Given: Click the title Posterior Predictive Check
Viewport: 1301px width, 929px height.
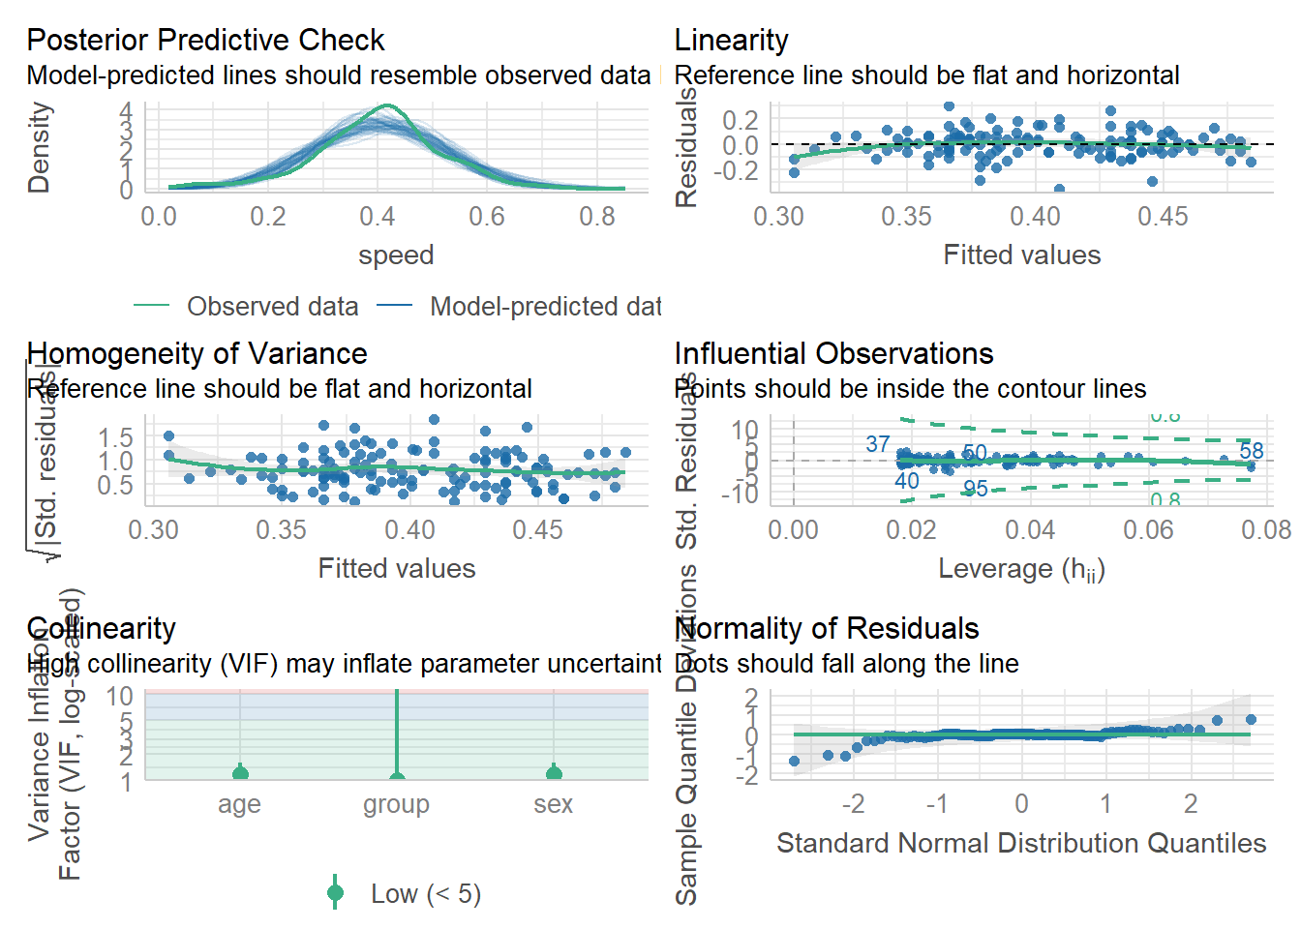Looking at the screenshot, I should [x=205, y=40].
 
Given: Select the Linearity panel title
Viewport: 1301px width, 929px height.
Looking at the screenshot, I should [x=731, y=40].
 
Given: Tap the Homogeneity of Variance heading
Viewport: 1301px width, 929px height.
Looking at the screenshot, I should [x=197, y=353].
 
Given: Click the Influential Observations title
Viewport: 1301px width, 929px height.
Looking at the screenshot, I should [x=833, y=353].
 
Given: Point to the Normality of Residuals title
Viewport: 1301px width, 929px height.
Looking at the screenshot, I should [x=827, y=628].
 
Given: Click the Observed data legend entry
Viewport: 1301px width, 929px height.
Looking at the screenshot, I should [x=272, y=307].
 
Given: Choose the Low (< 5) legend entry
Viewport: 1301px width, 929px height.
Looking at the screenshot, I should [x=425, y=893].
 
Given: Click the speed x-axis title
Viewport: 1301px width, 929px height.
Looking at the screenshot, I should [x=396, y=255].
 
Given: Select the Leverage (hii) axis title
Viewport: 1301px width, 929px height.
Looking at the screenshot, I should [x=1021, y=569].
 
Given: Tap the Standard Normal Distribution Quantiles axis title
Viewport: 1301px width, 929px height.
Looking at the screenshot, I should [x=1021, y=843].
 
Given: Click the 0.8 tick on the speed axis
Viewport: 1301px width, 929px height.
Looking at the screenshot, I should [x=596, y=217].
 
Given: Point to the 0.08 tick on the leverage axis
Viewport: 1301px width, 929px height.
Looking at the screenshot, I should [x=1267, y=530].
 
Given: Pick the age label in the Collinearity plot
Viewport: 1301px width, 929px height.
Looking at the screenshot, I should [x=239, y=804].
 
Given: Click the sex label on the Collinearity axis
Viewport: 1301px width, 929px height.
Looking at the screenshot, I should [x=553, y=804].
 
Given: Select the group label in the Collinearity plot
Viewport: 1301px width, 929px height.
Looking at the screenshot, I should [x=396, y=804].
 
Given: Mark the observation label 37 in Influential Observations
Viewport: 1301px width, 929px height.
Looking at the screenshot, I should [x=877, y=444].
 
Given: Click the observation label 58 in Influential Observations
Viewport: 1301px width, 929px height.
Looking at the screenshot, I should [x=1252, y=451].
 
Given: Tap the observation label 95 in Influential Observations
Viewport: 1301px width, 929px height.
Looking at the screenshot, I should [x=975, y=489].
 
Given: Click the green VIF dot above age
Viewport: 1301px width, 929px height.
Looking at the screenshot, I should [x=240, y=773].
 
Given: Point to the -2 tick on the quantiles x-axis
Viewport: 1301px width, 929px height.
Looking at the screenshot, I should [x=852, y=804].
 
